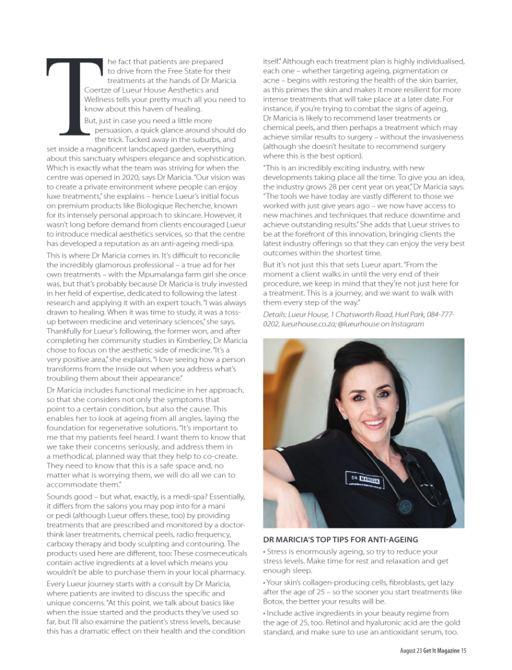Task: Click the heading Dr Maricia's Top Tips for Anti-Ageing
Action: coord(341,539)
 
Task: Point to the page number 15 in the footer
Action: coord(464,651)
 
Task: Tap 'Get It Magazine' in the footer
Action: coord(437,651)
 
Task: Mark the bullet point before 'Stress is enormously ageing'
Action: coord(265,552)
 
